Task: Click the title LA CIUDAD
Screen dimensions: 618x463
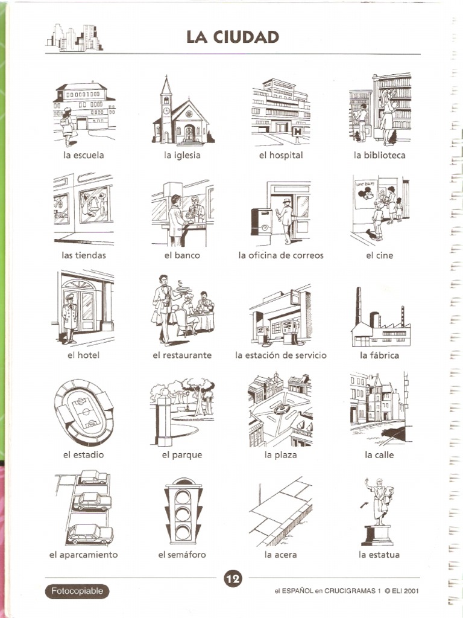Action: (x=233, y=37)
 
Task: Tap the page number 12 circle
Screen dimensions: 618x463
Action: (x=232, y=579)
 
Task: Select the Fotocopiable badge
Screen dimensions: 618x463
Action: (x=77, y=591)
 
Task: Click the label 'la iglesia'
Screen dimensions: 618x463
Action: (x=182, y=155)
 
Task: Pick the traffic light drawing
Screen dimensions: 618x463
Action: (x=183, y=512)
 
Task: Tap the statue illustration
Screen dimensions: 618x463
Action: (x=379, y=511)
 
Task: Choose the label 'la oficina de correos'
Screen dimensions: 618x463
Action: (x=281, y=255)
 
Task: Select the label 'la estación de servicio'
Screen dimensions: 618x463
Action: (x=281, y=355)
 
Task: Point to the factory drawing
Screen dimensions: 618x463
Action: (x=380, y=320)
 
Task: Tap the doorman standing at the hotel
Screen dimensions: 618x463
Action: (x=70, y=318)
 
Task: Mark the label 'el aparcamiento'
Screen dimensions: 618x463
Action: (x=84, y=555)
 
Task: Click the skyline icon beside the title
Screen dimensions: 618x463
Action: (x=74, y=38)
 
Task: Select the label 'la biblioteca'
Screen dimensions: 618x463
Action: (x=380, y=155)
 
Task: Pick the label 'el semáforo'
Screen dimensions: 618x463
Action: (x=182, y=555)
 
